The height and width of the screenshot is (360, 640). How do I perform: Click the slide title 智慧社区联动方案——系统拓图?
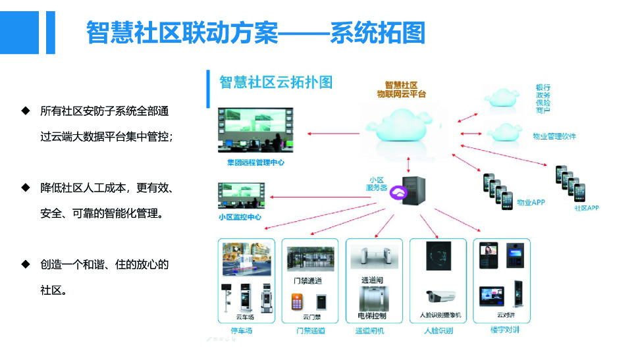click(255, 32)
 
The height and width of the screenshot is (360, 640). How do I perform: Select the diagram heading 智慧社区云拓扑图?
click(276, 82)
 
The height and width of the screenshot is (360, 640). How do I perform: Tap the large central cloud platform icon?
click(403, 128)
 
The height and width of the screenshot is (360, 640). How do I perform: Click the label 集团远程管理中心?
click(252, 162)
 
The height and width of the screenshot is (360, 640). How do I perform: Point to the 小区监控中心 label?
click(240, 217)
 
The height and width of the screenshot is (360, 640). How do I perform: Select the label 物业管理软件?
click(554, 136)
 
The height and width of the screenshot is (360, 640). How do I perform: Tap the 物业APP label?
click(530, 202)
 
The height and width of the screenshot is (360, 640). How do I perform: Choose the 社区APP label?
click(586, 208)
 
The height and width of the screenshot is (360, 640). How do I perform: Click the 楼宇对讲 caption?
click(504, 330)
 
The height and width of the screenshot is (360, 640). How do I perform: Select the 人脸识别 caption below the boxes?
click(439, 330)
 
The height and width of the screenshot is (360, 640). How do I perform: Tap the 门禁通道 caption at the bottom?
click(310, 330)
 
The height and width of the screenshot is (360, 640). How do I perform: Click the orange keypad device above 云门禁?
click(297, 302)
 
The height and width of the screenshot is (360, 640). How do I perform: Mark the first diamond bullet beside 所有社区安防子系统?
click(26, 110)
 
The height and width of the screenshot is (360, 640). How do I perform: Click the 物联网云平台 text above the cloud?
click(401, 95)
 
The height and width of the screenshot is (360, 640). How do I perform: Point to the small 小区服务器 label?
click(377, 184)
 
